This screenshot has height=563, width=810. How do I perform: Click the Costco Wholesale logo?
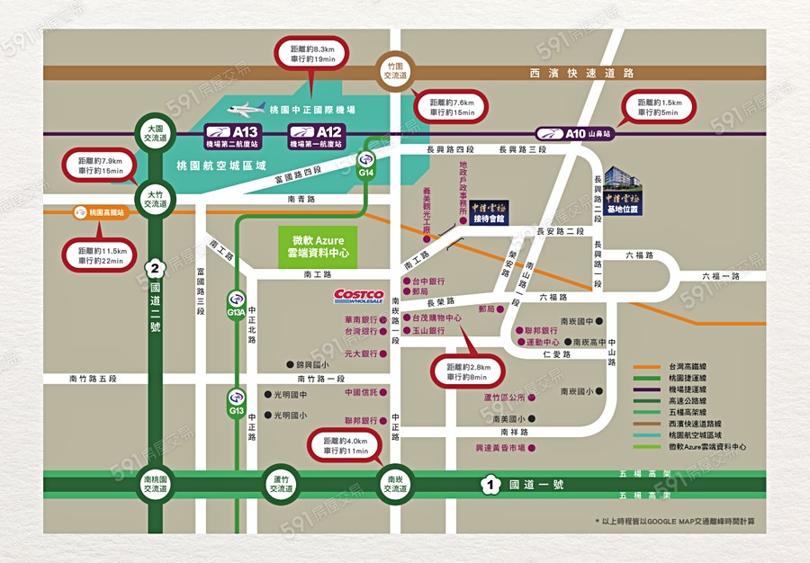[x=359, y=296]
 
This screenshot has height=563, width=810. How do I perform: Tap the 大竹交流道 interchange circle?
[x=156, y=198]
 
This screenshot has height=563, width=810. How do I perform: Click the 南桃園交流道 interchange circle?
[x=156, y=485]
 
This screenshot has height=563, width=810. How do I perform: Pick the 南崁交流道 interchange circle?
[x=393, y=485]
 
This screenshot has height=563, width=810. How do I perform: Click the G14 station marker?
[x=366, y=167]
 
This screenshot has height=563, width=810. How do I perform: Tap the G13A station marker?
[x=236, y=308]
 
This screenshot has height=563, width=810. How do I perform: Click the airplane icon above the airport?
[x=246, y=110]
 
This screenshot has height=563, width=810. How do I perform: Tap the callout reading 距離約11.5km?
[x=100, y=255]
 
